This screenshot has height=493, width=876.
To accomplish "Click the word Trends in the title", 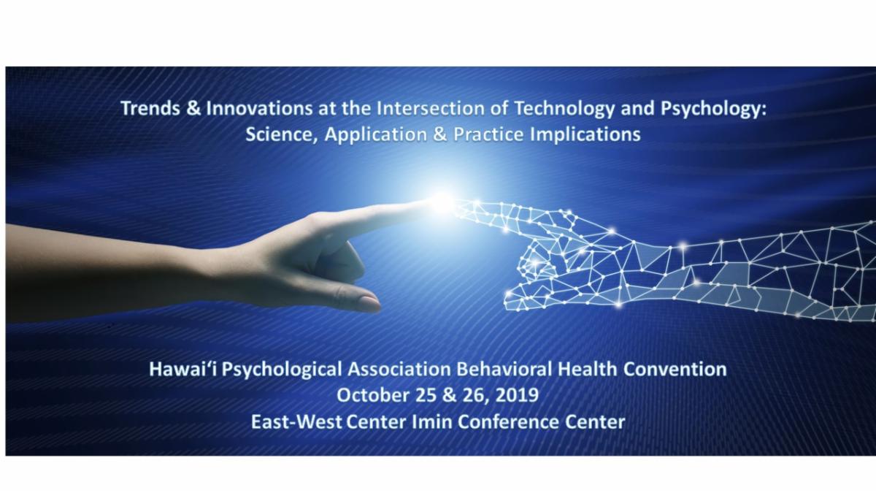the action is (150, 108).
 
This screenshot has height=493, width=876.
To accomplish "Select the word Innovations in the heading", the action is (259, 108).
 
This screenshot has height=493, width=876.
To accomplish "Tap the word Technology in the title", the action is (564, 109).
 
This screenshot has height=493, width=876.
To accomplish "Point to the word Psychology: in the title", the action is (714, 109).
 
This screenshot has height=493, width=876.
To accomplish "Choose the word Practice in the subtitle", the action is (488, 134).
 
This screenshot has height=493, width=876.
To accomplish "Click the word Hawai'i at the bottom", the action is (182, 369).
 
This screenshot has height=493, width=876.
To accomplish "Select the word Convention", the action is (675, 369).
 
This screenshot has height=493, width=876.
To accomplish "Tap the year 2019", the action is (517, 395).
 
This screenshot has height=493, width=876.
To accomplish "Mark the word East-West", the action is (296, 422).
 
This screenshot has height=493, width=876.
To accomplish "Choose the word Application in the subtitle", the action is (376, 135).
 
